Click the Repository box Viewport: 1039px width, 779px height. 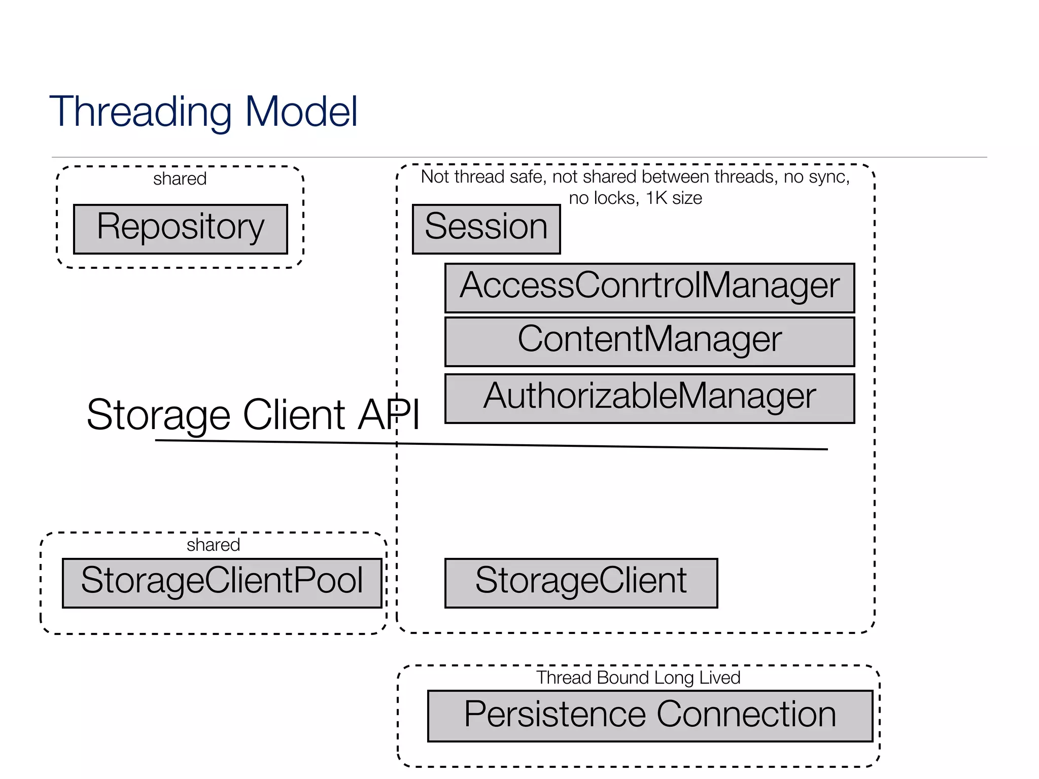click(x=181, y=229)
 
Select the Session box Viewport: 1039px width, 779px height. click(x=486, y=229)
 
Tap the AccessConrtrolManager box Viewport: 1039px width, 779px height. click(x=649, y=288)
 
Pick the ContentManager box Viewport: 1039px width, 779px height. click(x=649, y=341)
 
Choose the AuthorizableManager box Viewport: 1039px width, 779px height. click(x=649, y=398)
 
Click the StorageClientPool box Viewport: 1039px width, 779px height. click(x=222, y=583)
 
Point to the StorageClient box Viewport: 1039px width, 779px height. click(x=581, y=583)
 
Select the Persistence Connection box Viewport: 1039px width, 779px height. click(x=650, y=716)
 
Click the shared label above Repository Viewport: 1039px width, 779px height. click(x=180, y=179)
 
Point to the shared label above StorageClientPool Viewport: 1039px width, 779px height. click(x=213, y=545)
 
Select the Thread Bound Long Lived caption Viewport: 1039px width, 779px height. click(x=638, y=678)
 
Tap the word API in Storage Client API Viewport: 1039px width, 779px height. click(x=389, y=414)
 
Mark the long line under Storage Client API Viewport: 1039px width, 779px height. click(x=491, y=445)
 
